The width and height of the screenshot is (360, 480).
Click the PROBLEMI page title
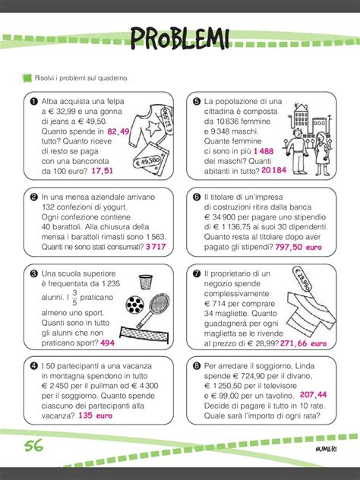180,37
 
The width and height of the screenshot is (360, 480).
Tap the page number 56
33,445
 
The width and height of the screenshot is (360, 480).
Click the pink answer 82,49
118,131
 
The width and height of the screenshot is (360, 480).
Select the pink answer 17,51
102,172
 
